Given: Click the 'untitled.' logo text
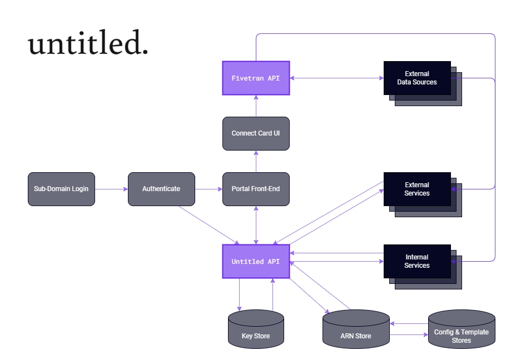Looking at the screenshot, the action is point(88,42).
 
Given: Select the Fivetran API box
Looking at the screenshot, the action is point(256,78).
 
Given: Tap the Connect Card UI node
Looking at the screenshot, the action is point(256,133).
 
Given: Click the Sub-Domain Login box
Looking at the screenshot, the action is point(61,189).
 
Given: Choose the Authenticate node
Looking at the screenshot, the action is point(161,189).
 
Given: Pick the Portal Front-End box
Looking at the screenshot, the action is point(256,189).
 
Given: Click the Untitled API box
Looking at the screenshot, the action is point(256,261).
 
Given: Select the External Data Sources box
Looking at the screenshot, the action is point(423,83).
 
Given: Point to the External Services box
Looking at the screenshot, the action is point(423,194).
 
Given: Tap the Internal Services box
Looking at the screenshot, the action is point(423,267).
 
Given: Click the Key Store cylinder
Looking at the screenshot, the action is point(256,329).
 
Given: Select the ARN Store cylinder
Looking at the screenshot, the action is point(356,329).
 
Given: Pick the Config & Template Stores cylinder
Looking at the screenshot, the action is point(462,329).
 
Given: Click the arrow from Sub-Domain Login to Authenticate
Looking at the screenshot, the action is point(111,189).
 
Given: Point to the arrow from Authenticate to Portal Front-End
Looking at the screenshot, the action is point(209,189).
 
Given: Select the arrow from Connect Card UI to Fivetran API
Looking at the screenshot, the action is point(256,106).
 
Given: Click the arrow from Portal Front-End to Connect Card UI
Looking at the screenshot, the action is point(256,162).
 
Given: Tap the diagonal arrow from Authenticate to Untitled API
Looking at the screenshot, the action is point(209,225).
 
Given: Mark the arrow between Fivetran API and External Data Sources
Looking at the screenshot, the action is point(336,78).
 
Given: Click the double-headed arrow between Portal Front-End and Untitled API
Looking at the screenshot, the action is point(256,225).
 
